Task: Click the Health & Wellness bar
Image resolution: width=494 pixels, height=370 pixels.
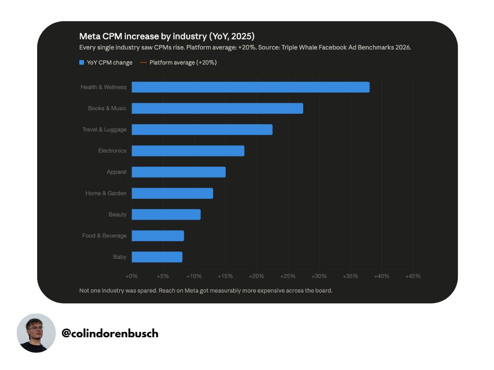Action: tap(250, 87)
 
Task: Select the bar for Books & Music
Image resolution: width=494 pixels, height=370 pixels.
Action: tap(218, 108)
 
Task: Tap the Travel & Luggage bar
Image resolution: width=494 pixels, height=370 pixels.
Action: tap(202, 130)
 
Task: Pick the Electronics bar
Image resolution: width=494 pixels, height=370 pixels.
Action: tap(188, 151)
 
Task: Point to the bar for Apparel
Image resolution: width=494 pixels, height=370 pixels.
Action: tap(178, 172)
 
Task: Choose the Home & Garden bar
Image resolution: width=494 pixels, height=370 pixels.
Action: tap(172, 193)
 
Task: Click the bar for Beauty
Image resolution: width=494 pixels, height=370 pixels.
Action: tap(166, 214)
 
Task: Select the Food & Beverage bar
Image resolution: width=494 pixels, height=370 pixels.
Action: tap(158, 236)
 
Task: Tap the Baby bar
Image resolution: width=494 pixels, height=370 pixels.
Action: tap(157, 257)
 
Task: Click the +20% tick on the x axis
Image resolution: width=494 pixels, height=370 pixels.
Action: tap(257, 276)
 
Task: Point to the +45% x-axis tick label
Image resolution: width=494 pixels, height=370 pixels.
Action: tap(413, 276)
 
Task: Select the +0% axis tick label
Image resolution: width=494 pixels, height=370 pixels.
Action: tap(131, 276)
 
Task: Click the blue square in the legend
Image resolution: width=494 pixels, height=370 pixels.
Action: tap(82, 62)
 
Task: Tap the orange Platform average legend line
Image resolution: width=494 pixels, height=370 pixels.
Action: tap(143, 62)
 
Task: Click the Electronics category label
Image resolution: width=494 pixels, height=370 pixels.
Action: tap(112, 151)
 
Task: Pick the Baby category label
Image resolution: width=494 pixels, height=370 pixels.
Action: tap(120, 257)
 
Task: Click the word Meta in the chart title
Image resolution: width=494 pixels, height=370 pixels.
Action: tap(89, 36)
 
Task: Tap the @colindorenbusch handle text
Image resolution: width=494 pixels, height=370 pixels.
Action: tap(110, 333)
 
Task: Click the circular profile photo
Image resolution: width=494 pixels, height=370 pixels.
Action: tap(36, 333)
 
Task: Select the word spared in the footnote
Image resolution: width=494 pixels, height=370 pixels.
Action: tap(147, 291)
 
